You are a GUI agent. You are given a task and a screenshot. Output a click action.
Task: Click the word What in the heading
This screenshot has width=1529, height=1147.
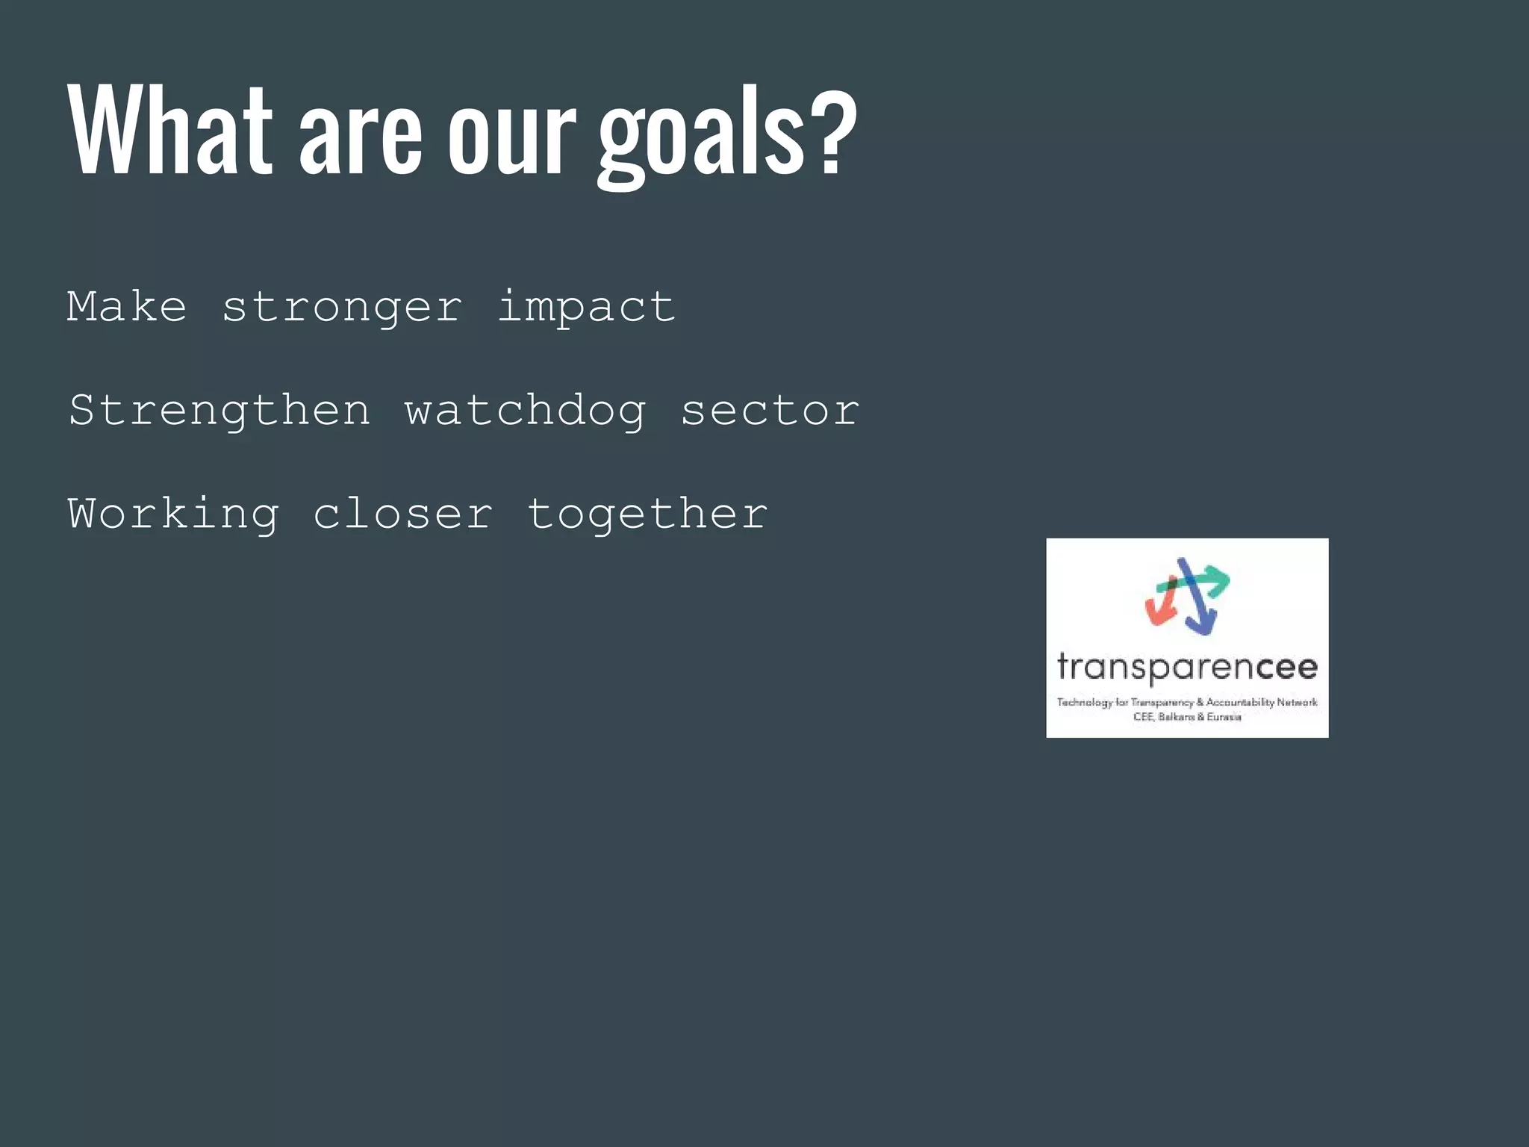point(170,131)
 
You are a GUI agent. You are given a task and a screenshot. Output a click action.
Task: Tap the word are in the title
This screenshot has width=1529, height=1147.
point(361,138)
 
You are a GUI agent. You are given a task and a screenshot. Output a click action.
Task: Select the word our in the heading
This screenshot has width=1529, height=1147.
point(511,138)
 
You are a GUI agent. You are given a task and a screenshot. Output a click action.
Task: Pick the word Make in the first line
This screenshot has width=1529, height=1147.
point(127,306)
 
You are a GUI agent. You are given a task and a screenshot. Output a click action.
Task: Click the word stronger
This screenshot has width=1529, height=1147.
point(342,308)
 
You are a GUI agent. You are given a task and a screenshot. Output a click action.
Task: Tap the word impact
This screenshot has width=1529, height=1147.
point(586,306)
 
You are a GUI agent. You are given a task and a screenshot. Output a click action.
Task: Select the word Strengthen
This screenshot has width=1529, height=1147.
point(219,410)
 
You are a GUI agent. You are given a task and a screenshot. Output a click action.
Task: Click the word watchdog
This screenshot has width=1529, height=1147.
point(525,410)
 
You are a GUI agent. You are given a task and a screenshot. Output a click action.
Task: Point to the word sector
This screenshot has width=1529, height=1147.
point(770,410)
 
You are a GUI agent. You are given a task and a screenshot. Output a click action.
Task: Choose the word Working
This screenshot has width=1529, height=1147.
point(173,514)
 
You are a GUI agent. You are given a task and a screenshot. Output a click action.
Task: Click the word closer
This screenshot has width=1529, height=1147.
point(403,514)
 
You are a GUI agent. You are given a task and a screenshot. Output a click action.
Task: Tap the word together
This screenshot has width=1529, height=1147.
point(647,514)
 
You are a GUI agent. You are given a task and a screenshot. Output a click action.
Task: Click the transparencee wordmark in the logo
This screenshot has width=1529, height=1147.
point(1187,666)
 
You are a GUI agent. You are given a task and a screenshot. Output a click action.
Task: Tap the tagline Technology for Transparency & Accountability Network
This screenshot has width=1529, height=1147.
point(1187,702)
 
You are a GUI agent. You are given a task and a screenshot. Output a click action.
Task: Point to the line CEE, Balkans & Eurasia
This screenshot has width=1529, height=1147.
point(1187,717)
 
